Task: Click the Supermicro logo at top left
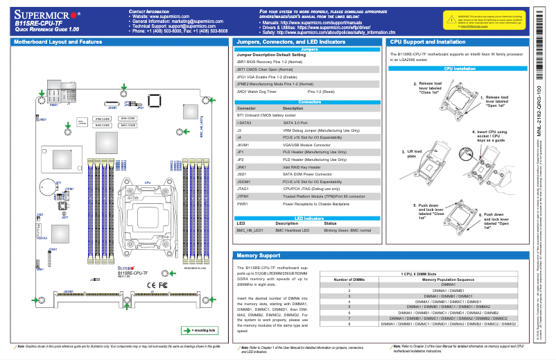44,15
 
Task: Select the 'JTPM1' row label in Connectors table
243,196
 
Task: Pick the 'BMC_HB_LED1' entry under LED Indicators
250,230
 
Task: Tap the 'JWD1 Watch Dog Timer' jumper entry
257,91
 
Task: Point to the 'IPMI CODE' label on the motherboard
103,119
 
